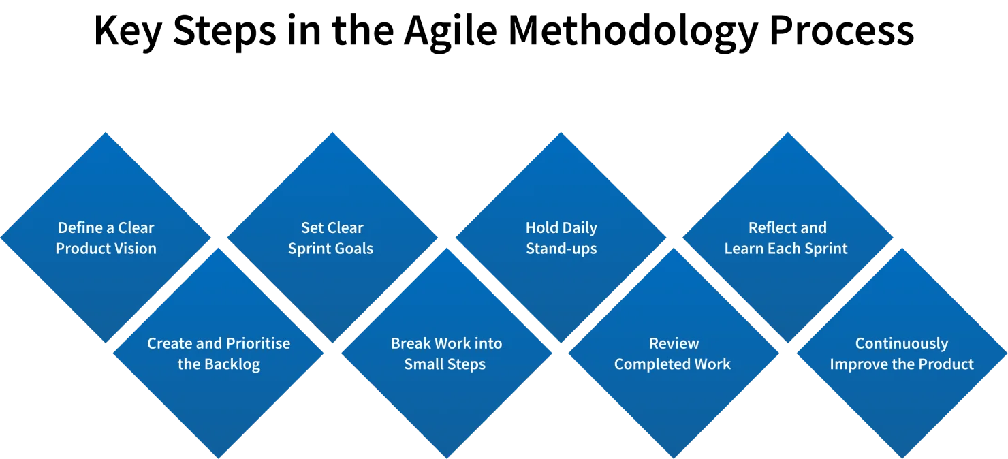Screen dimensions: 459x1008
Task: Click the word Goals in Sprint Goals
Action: [x=353, y=249]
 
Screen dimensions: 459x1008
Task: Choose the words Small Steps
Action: [x=445, y=364]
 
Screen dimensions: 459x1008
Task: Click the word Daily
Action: [x=580, y=227]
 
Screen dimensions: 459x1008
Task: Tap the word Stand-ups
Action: [x=561, y=249]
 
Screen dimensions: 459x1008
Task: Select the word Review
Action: [x=674, y=343]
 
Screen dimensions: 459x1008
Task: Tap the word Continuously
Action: [x=901, y=343]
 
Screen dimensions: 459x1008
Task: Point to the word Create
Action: [x=170, y=343]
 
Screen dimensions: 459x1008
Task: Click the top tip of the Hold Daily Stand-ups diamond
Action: [x=561, y=132]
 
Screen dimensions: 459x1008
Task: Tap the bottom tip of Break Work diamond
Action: [x=446, y=457]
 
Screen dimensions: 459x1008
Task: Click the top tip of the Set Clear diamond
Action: [x=332, y=132]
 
